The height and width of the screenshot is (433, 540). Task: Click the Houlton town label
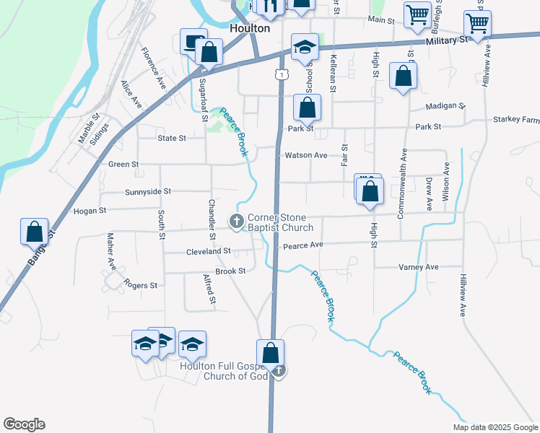[249, 28]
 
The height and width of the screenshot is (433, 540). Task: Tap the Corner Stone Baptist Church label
[280, 222]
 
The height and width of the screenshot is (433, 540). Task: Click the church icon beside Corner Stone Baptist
[236, 222]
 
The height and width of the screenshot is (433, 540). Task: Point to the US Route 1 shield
[280, 73]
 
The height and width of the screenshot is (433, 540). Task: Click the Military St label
[447, 41]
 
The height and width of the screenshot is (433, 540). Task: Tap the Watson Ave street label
[306, 155]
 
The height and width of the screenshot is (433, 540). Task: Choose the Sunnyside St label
[147, 191]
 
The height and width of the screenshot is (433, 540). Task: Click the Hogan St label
[90, 211]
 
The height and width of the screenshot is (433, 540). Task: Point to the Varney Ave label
[419, 267]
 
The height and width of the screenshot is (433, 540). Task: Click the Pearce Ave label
[302, 246]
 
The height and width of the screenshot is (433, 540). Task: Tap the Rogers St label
[140, 285]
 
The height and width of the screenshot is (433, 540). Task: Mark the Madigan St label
[445, 106]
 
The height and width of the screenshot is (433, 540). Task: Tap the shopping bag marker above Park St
[307, 108]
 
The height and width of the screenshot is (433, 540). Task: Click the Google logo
[24, 424]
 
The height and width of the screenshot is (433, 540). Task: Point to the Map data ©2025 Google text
[495, 427]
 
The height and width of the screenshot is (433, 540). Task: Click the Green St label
[123, 165]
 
